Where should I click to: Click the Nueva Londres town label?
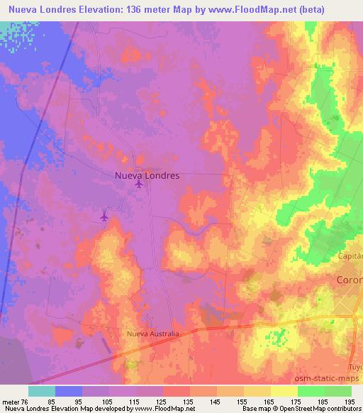(x=147, y=174)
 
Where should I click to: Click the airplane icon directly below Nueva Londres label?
(x=138, y=185)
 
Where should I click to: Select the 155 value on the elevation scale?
(x=242, y=401)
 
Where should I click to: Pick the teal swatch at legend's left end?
(x=42, y=391)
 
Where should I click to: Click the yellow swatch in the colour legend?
(x=284, y=391)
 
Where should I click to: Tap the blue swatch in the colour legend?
(x=69, y=391)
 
